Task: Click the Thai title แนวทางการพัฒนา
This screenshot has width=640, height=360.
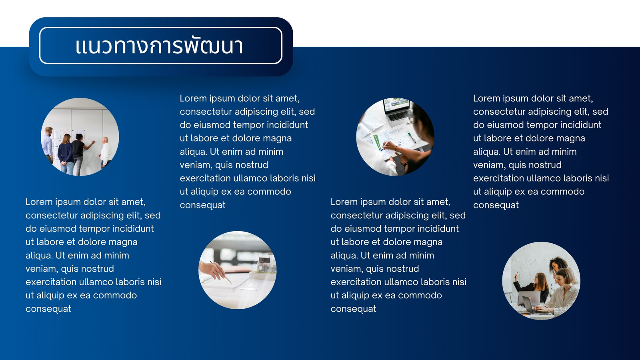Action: pyautogui.click(x=159, y=46)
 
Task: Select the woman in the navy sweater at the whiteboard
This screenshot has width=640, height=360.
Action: pyautogui.click(x=66, y=154)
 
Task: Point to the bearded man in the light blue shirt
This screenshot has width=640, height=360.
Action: pyautogui.click(x=48, y=144)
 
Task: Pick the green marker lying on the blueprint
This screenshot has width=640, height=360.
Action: pyautogui.click(x=412, y=138)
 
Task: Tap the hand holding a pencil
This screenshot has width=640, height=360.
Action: pyautogui.click(x=213, y=270)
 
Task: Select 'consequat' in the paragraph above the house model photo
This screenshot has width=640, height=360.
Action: pyautogui.click(x=202, y=205)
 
